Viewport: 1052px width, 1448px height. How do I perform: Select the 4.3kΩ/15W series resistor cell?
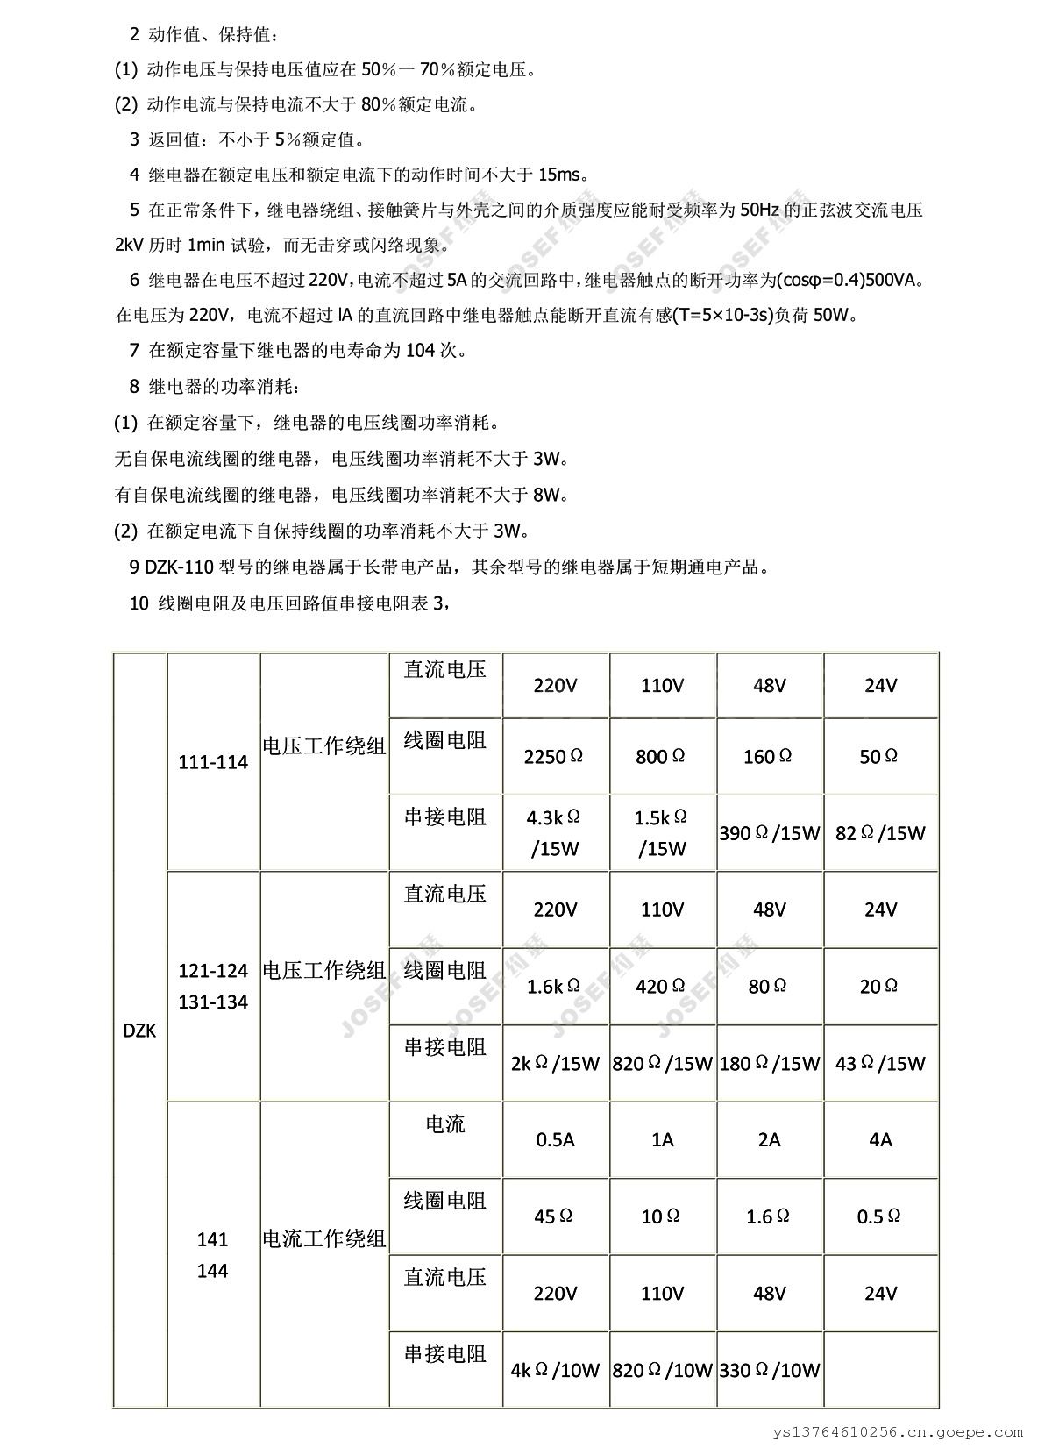click(554, 832)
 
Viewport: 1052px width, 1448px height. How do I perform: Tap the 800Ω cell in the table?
click(661, 756)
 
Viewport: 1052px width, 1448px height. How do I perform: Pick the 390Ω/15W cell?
click(769, 833)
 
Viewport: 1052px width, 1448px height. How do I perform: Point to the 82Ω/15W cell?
click(880, 833)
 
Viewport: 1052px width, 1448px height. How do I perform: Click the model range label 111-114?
click(213, 762)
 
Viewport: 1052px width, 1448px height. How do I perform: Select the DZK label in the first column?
click(139, 1031)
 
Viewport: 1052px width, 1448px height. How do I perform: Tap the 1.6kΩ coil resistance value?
click(554, 987)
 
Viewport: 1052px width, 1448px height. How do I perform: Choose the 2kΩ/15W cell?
click(555, 1064)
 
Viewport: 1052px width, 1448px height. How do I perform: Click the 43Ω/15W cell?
click(880, 1064)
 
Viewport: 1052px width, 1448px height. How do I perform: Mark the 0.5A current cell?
click(555, 1139)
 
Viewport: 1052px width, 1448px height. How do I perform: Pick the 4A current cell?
click(880, 1139)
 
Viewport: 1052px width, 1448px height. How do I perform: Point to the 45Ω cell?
click(554, 1216)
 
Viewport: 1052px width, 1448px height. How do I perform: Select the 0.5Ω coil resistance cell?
click(879, 1216)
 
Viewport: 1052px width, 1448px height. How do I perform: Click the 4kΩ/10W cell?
click(555, 1370)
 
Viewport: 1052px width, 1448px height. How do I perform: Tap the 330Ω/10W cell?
click(769, 1370)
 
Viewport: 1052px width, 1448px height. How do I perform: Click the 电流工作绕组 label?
click(324, 1239)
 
